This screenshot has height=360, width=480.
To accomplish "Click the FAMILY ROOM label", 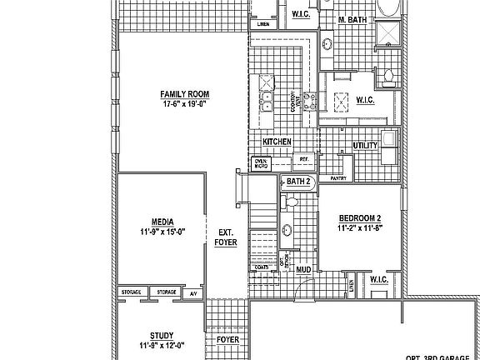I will click(x=183, y=93).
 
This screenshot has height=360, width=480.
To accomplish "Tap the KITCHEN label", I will click(x=277, y=142).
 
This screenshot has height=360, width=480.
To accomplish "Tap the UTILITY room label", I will click(x=366, y=146).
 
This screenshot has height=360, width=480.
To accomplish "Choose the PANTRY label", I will click(x=338, y=178).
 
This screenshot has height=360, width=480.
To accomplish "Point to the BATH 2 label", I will click(x=298, y=182).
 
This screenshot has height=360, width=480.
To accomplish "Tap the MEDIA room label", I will click(x=162, y=222).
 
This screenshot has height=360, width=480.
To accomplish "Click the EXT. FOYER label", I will click(x=226, y=237).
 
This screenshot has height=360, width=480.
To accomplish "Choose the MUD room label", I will click(x=303, y=269).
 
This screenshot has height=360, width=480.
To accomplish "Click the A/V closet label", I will click(x=192, y=293).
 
